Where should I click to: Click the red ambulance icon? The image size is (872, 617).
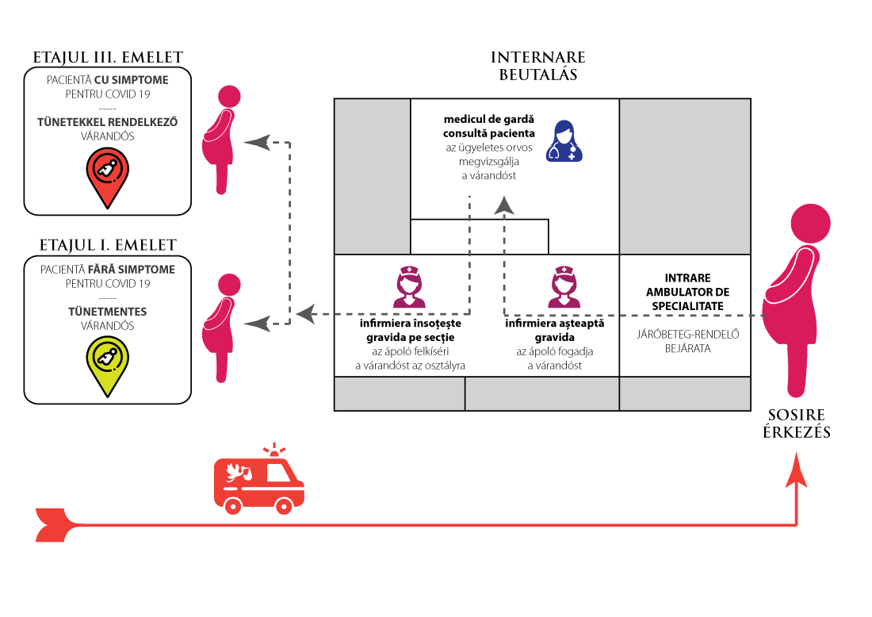point(258,477)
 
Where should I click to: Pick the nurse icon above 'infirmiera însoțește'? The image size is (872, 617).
point(409,287)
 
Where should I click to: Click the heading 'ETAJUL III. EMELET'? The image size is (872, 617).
point(108,58)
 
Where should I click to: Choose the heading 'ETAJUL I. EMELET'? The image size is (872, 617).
point(108,245)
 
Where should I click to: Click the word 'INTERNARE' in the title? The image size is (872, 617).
point(538,58)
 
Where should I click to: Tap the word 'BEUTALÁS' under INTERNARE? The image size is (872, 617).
point(538,76)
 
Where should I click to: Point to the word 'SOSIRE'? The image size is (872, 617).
point(797,416)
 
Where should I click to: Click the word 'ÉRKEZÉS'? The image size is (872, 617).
point(797,433)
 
